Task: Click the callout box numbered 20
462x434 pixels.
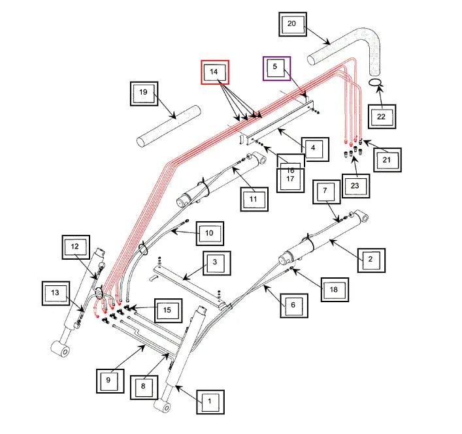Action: coord(293,24)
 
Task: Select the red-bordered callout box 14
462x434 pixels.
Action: coord(215,72)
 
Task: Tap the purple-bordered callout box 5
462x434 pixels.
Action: coord(276,69)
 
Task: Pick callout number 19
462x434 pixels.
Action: coord(144,93)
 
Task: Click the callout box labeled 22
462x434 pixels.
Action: coord(382,117)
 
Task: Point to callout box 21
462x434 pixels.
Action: coord(388,160)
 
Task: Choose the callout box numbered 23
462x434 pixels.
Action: coord(355,185)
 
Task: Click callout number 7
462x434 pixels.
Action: coord(327,192)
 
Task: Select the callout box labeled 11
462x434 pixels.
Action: coord(254,199)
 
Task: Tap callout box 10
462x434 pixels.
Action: coord(210,234)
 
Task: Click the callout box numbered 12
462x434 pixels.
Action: coord(76,247)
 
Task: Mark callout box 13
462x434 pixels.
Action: coord(56,293)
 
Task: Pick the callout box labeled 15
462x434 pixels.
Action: coord(168,311)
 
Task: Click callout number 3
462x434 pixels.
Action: coord(217,263)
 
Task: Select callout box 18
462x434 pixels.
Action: coord(335,290)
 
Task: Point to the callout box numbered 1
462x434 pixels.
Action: coord(210,402)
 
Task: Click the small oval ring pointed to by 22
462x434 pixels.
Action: coord(371,82)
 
